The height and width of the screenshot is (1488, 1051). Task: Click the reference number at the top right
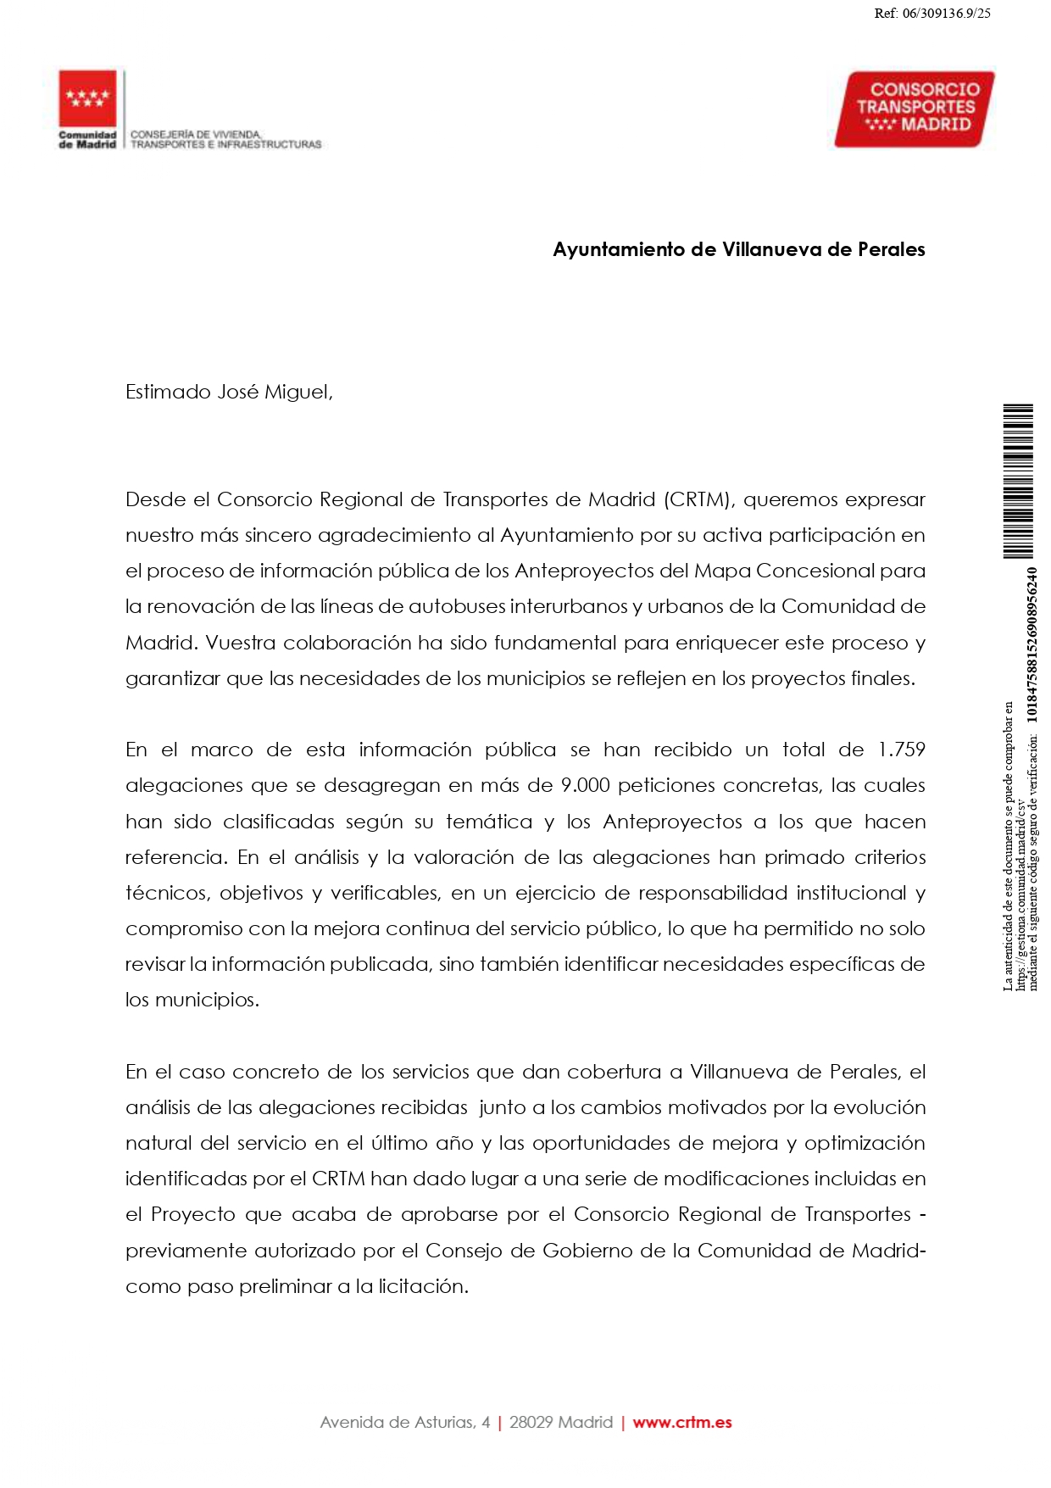932,13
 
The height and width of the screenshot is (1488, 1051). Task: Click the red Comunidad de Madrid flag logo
87,98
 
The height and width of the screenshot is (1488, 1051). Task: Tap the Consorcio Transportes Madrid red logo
915,109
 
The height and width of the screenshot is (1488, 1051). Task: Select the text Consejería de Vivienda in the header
196,134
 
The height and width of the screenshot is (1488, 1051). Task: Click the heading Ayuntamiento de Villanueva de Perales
738,249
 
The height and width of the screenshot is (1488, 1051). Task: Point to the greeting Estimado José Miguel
229,392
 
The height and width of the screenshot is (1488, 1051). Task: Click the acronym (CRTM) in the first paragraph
698,499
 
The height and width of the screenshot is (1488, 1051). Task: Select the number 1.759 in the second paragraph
901,750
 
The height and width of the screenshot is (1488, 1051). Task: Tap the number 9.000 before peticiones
586,785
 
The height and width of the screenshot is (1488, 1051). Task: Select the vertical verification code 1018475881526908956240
1032,644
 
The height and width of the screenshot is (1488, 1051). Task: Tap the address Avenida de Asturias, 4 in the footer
404,1423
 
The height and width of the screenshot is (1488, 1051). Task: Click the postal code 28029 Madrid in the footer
560,1423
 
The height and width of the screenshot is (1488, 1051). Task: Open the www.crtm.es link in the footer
681,1423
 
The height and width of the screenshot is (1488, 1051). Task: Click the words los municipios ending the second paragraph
192,1000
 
